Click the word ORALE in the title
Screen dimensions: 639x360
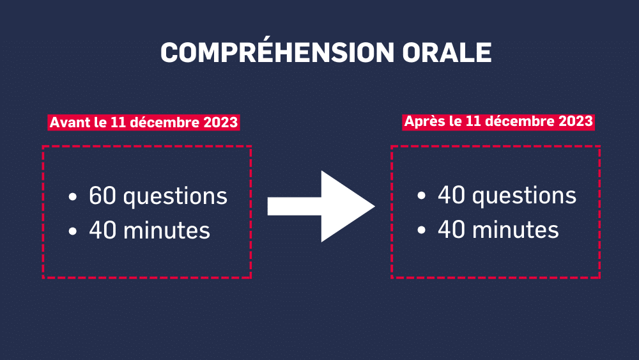tap(447, 52)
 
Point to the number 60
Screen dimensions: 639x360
tap(103, 195)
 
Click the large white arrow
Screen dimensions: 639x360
tap(321, 207)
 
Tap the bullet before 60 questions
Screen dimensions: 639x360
tap(73, 197)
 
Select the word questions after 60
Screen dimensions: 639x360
tap(175, 197)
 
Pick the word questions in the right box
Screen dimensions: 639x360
tap(524, 196)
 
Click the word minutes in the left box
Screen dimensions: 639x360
tap(167, 230)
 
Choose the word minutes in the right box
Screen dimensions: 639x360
tap(516, 230)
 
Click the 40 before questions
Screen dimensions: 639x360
tap(452, 194)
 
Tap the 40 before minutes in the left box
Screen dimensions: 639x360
tap(103, 230)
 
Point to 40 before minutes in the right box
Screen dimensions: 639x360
tap(452, 229)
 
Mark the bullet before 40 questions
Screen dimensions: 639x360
tap(421, 196)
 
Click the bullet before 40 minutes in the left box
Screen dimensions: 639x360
tap(73, 231)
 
